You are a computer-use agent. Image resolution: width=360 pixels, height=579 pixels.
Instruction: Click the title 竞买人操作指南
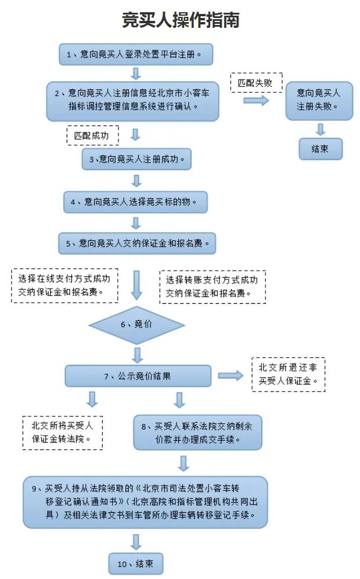[180, 20]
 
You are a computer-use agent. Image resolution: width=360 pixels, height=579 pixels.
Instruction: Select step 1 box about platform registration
[136, 55]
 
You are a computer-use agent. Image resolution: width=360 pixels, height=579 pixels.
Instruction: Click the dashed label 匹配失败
[255, 82]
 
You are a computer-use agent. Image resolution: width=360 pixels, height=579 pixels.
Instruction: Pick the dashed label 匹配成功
[92, 135]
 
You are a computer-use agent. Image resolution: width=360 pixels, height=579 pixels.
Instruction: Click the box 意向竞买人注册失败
[319, 100]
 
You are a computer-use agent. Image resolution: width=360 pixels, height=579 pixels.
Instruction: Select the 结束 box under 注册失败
[320, 149]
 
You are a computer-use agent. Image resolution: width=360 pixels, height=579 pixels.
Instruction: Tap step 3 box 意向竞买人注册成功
[136, 159]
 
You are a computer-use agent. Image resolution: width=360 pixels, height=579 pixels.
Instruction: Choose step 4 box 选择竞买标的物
[136, 202]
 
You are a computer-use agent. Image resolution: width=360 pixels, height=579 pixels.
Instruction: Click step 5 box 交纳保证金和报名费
[136, 243]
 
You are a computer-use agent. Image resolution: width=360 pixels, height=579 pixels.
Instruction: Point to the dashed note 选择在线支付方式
[64, 285]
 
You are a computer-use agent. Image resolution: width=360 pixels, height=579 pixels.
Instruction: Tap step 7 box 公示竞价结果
[138, 376]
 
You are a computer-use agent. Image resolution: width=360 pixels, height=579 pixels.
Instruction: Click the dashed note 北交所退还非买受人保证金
[288, 374]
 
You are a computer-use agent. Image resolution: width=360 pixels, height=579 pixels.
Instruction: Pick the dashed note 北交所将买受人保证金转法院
[62, 432]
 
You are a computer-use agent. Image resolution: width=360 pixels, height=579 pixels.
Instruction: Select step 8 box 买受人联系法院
[197, 432]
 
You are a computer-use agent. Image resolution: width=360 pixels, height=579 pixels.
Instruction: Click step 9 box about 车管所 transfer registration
[145, 502]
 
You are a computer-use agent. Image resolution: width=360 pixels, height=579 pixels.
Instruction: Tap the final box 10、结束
[136, 563]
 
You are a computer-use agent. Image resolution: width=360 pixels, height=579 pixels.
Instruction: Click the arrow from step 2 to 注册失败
[256, 100]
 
